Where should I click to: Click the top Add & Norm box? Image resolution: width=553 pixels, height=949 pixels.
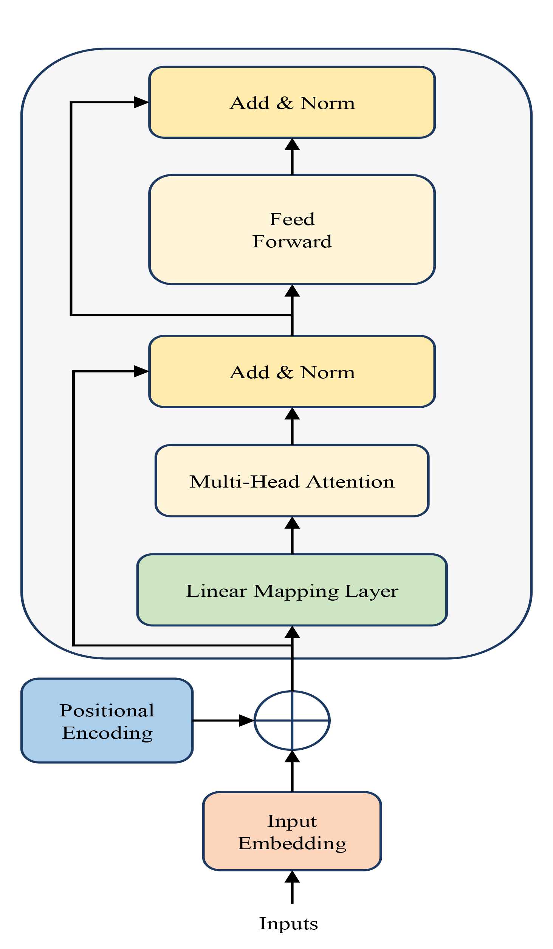tap(292, 102)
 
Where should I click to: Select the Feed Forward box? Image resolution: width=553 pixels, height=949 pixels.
tap(292, 230)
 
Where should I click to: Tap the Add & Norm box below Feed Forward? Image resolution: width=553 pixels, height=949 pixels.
tap(292, 371)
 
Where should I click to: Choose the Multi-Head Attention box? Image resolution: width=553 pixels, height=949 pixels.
tap(292, 481)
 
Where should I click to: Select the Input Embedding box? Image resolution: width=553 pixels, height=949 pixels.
tap(292, 831)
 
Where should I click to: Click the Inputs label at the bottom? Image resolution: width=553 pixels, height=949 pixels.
tap(288, 923)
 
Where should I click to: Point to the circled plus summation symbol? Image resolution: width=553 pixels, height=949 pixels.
tap(292, 721)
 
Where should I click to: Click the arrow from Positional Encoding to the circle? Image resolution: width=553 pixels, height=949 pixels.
tap(223, 721)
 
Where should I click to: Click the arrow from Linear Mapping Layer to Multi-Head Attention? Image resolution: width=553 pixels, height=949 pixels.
tap(292, 535)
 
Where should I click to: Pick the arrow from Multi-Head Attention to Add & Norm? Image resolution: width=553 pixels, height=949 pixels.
tap(292, 426)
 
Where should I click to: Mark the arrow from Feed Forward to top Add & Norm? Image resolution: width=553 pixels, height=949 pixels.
tap(292, 156)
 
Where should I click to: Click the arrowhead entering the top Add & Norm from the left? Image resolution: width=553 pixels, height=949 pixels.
tap(141, 102)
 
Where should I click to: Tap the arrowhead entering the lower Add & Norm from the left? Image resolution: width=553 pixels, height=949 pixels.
tap(141, 371)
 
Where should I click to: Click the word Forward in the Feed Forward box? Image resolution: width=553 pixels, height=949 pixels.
tap(292, 241)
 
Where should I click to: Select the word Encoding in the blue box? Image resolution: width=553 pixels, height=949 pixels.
tap(107, 733)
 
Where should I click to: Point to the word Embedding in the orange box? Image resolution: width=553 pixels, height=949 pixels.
tap(292, 843)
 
